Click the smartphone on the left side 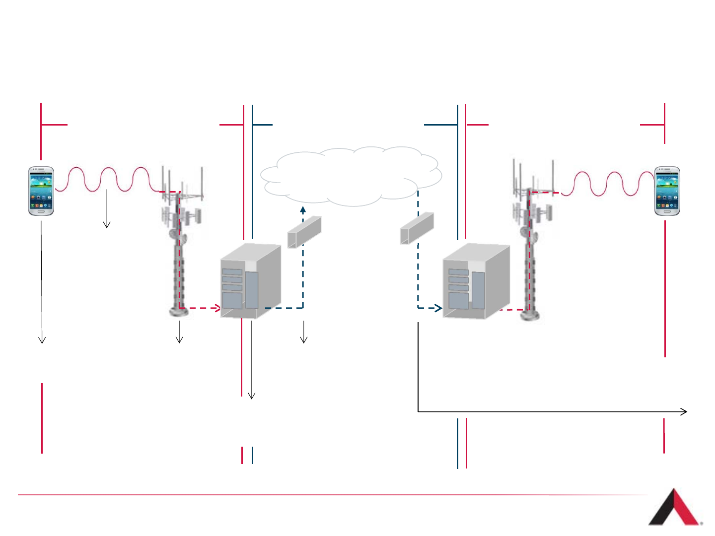(41, 191)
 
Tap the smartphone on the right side (667, 191)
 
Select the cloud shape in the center (351, 176)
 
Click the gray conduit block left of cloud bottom (304, 232)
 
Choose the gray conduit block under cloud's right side (417, 228)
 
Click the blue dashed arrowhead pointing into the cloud (303, 209)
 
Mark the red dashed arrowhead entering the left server (217, 308)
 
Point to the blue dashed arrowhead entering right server (438, 308)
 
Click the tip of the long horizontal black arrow (686, 411)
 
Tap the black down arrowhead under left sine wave (106, 226)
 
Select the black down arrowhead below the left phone (42, 341)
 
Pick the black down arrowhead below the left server (251, 397)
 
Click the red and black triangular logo (674, 509)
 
